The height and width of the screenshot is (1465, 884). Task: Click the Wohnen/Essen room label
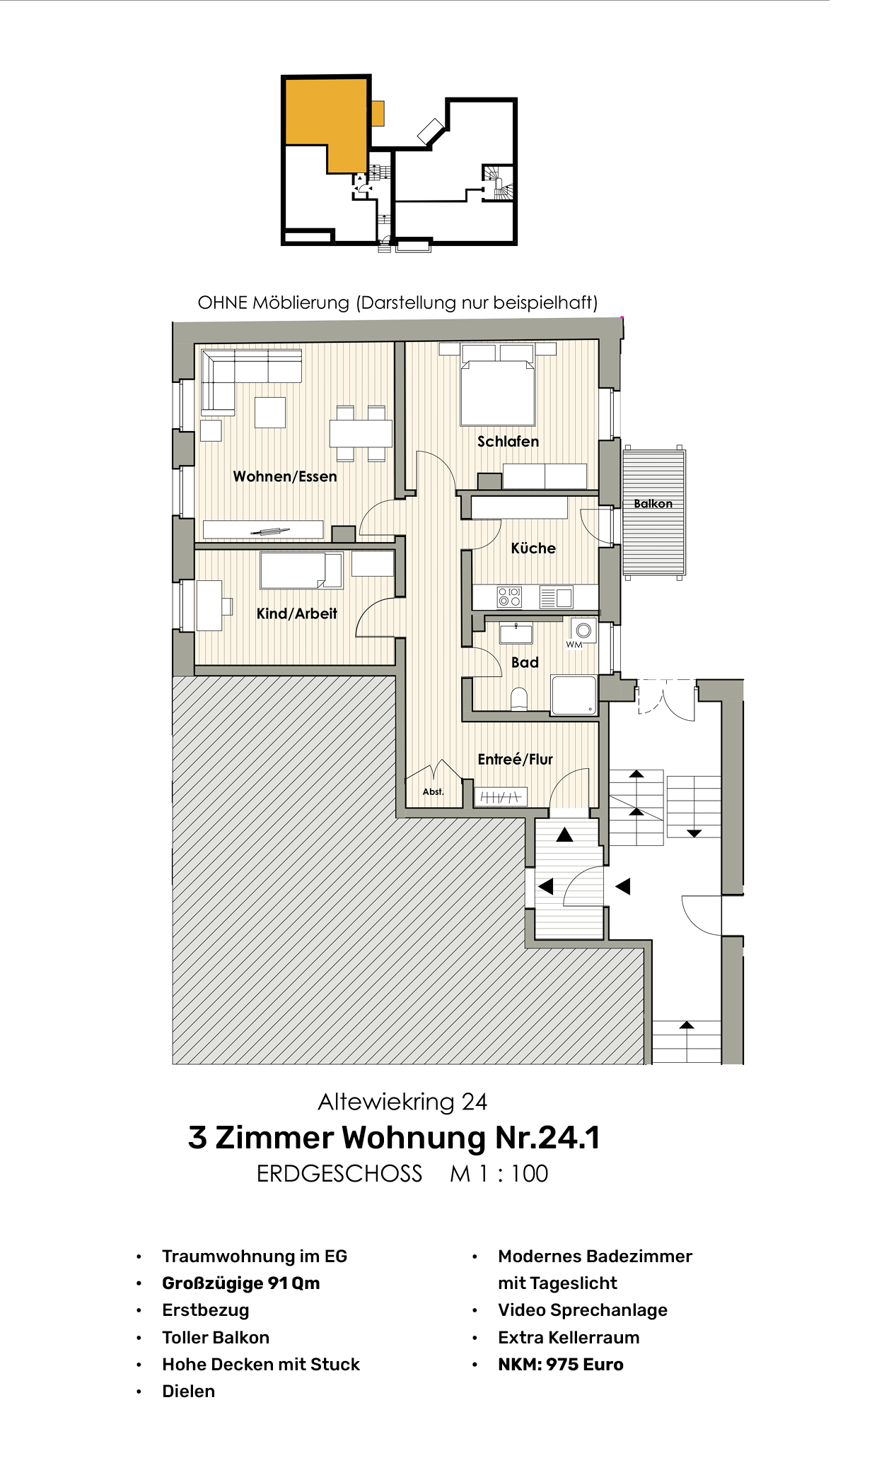(285, 476)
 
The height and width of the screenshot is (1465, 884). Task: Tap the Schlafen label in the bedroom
(508, 442)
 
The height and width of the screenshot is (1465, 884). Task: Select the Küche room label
(533, 548)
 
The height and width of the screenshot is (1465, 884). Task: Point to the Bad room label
(525, 662)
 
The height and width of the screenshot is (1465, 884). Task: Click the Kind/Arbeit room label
(296, 613)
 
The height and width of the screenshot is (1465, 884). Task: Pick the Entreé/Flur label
(515, 759)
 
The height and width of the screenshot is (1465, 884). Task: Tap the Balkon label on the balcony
(653, 504)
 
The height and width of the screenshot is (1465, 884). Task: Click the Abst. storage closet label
(433, 792)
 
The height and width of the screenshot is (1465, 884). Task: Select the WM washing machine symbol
(583, 630)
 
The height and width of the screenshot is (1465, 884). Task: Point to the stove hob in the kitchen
(509, 597)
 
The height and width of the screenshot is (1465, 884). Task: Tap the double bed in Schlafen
(497, 392)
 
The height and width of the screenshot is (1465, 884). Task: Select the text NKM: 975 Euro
(560, 1365)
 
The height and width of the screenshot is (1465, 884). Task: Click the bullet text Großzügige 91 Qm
(240, 1283)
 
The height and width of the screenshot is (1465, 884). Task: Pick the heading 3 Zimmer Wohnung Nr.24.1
(394, 1138)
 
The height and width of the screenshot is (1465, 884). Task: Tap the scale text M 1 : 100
(499, 1174)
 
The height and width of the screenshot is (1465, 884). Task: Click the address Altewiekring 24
(402, 1102)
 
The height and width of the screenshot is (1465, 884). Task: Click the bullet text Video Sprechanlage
(582, 1310)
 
